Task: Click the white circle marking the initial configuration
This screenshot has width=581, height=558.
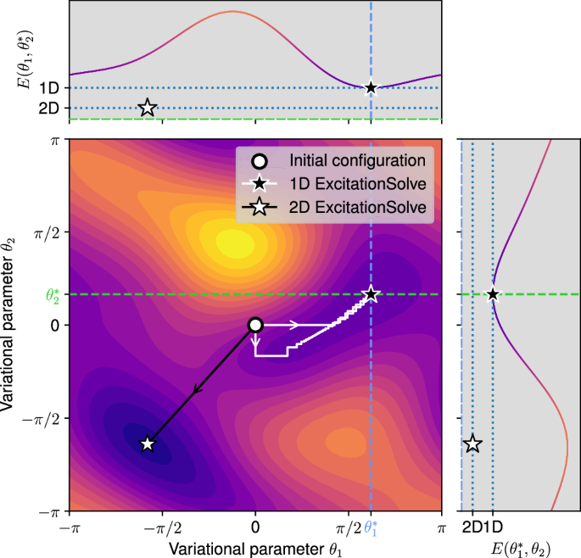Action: click(x=255, y=325)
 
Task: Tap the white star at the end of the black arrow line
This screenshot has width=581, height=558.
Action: click(x=148, y=444)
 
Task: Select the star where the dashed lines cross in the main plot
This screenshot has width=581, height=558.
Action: click(x=371, y=294)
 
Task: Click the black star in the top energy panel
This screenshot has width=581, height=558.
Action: click(x=371, y=87)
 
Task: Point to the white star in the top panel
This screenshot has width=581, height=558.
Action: click(x=148, y=108)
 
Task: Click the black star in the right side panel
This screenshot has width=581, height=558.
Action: click(x=493, y=294)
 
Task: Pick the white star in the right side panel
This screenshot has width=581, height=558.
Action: click(x=472, y=444)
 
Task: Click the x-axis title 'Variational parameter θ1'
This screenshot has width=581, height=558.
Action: click(x=255, y=549)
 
